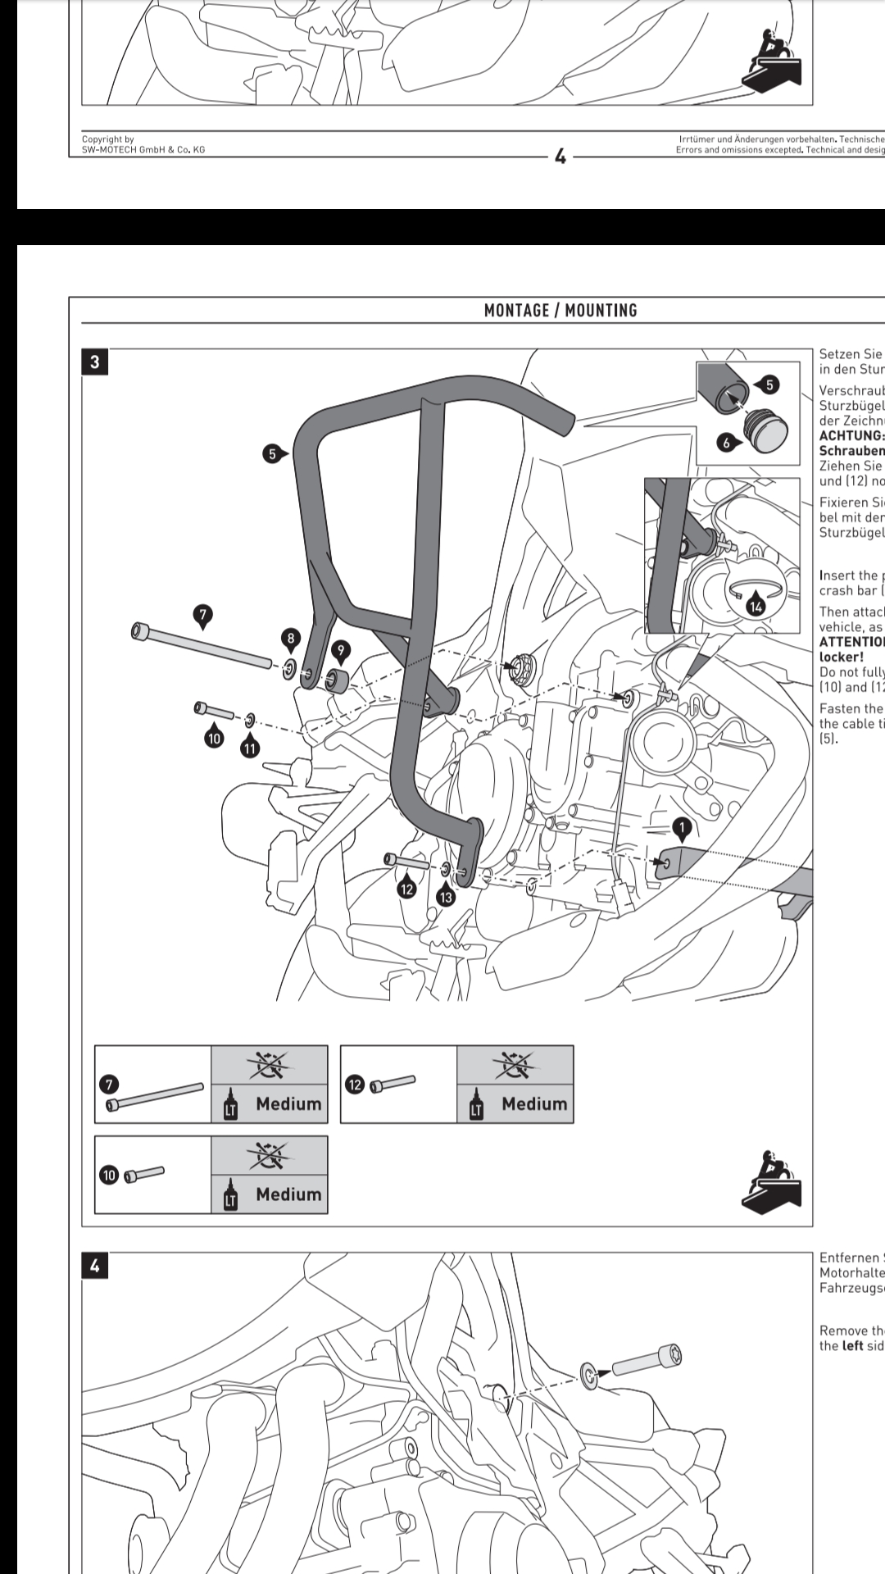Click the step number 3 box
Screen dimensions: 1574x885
pyautogui.click(x=95, y=362)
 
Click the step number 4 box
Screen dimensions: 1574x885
pyautogui.click(x=95, y=1266)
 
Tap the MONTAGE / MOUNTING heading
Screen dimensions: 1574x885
pyautogui.click(x=560, y=311)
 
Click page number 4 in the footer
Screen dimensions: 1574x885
pyautogui.click(x=560, y=157)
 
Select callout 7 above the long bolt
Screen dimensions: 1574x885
pyautogui.click(x=202, y=615)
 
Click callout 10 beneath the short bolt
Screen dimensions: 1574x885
pyautogui.click(x=214, y=738)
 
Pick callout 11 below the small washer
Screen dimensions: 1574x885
pyautogui.click(x=249, y=748)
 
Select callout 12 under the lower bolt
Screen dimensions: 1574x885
pyautogui.click(x=406, y=888)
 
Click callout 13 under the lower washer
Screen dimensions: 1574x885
pyautogui.click(x=446, y=898)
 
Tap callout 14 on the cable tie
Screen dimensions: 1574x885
pyautogui.click(x=756, y=607)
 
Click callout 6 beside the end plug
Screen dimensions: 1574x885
pyautogui.click(x=726, y=444)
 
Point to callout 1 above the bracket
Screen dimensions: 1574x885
pyautogui.click(x=681, y=828)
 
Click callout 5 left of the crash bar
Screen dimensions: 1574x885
pyautogui.click(x=271, y=453)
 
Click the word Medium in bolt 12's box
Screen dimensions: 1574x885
pyautogui.click(x=534, y=1104)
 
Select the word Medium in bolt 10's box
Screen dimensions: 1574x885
pyautogui.click(x=288, y=1194)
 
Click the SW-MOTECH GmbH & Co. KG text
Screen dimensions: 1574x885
pyautogui.click(x=143, y=149)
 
